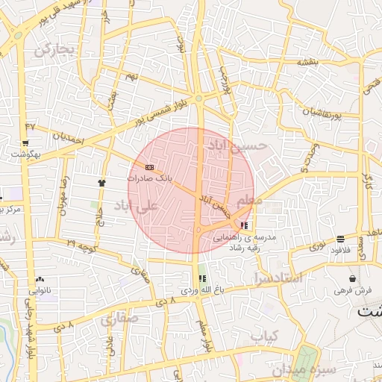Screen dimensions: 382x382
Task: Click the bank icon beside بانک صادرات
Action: click(x=150, y=167)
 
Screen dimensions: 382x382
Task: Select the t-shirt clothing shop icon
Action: click(x=101, y=182)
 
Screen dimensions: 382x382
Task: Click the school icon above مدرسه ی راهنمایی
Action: click(x=245, y=225)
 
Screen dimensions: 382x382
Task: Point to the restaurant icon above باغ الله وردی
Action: click(x=201, y=278)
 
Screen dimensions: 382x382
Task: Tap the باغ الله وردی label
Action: click(x=201, y=289)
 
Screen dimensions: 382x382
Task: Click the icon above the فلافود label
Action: click(x=340, y=239)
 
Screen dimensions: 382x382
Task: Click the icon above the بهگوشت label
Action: click(x=25, y=143)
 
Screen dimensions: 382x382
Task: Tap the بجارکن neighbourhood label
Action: click(x=54, y=50)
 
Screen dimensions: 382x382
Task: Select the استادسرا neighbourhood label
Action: click(x=277, y=278)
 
